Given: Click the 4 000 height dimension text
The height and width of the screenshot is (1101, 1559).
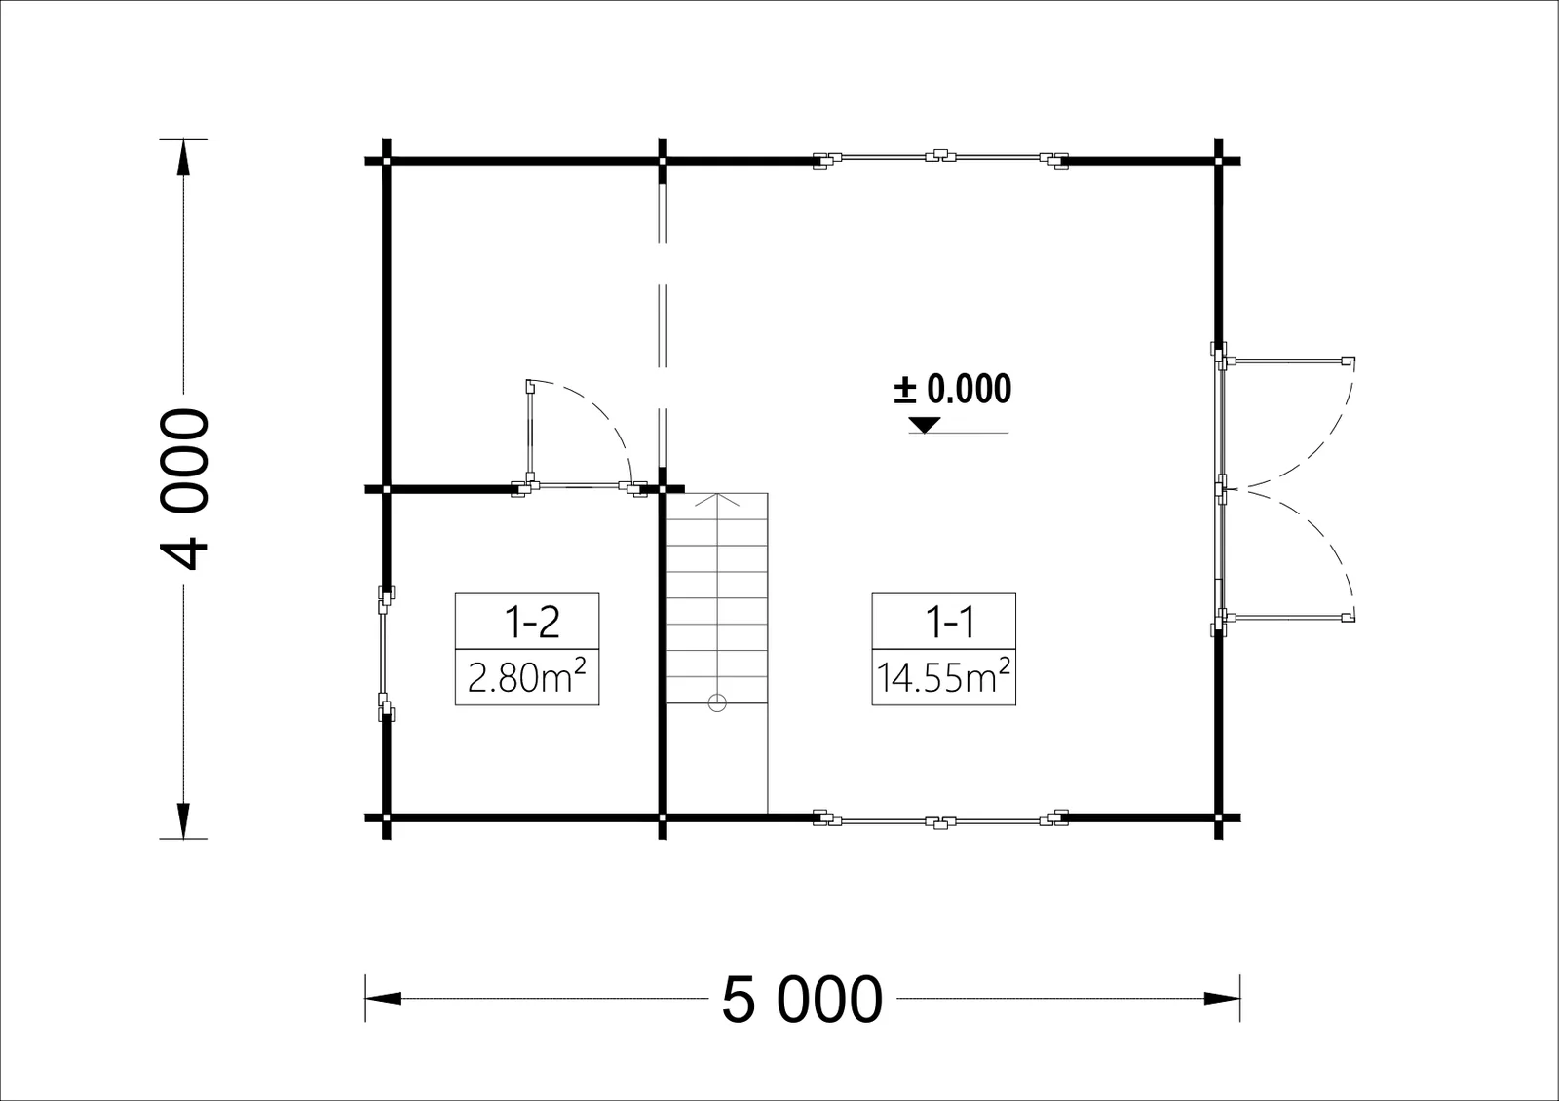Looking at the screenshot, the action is (x=184, y=489).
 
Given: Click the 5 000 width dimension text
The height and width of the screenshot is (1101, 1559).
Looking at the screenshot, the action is (x=803, y=1000).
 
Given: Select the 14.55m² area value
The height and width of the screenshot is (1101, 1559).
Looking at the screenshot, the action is (x=943, y=676).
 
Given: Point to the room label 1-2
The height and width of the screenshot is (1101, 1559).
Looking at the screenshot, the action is (x=532, y=623).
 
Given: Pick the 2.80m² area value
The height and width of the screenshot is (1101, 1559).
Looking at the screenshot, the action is (x=527, y=676).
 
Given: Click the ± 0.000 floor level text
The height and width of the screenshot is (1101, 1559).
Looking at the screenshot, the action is (x=953, y=389).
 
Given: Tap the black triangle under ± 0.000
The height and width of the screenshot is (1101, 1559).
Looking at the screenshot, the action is (x=925, y=425).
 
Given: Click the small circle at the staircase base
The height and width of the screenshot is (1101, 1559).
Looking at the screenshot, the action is (x=717, y=702).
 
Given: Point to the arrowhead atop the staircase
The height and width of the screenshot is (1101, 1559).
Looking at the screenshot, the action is (x=717, y=498).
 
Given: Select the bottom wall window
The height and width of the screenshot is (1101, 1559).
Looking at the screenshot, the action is (x=941, y=819).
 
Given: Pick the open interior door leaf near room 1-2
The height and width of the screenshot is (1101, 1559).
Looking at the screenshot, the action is (x=530, y=432).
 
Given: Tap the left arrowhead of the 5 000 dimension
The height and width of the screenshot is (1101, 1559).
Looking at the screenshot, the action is (x=384, y=999).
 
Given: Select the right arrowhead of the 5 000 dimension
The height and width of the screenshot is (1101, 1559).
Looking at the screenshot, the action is (x=1222, y=999).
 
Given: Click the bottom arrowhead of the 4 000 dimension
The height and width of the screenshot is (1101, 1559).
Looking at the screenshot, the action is (x=184, y=820).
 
